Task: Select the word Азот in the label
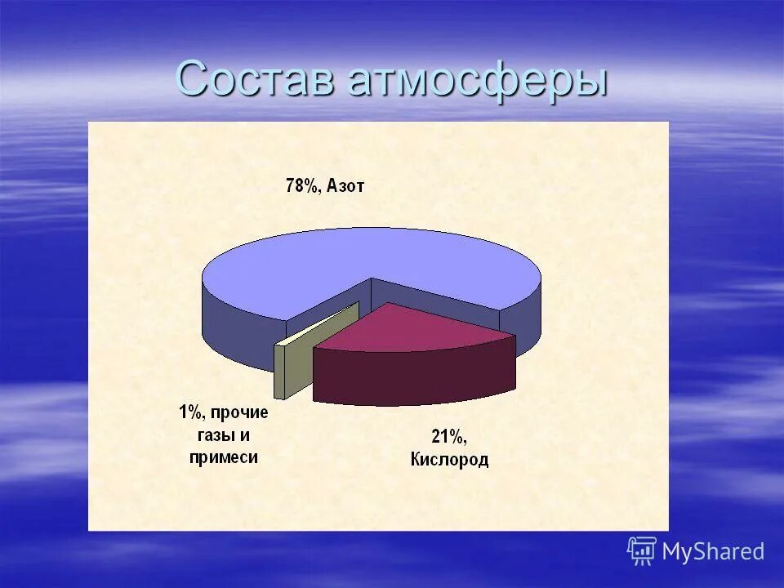[x=345, y=186]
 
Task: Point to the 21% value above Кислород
[x=448, y=436]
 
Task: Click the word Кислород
[x=449, y=460]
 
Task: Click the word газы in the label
[x=213, y=434]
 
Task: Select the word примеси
[x=224, y=457]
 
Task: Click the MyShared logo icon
[x=642, y=551]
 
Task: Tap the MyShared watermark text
[x=713, y=552]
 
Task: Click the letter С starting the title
[x=193, y=79]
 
